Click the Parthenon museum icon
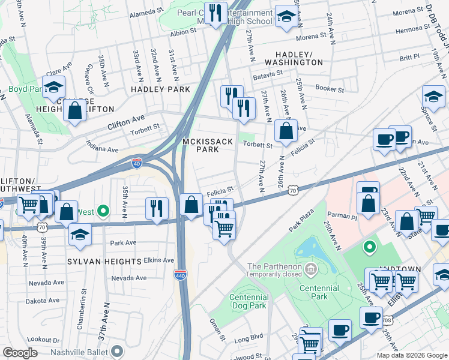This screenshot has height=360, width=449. click(x=310, y=267)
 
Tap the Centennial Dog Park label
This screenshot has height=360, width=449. click(x=258, y=301)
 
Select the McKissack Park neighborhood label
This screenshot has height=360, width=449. click(x=208, y=145)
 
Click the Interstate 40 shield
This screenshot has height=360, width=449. click(x=137, y=163)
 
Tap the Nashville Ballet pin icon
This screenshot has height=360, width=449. click(x=117, y=351)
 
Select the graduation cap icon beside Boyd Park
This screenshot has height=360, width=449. click(x=53, y=88)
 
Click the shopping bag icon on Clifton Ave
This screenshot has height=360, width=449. click(x=75, y=110)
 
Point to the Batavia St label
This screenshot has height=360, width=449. click(x=268, y=73)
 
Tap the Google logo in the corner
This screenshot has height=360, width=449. click(x=20, y=353)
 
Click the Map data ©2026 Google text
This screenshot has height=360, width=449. click(x=411, y=355)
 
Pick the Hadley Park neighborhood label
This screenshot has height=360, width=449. click(x=160, y=89)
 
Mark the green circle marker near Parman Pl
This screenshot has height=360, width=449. click(x=370, y=246)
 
